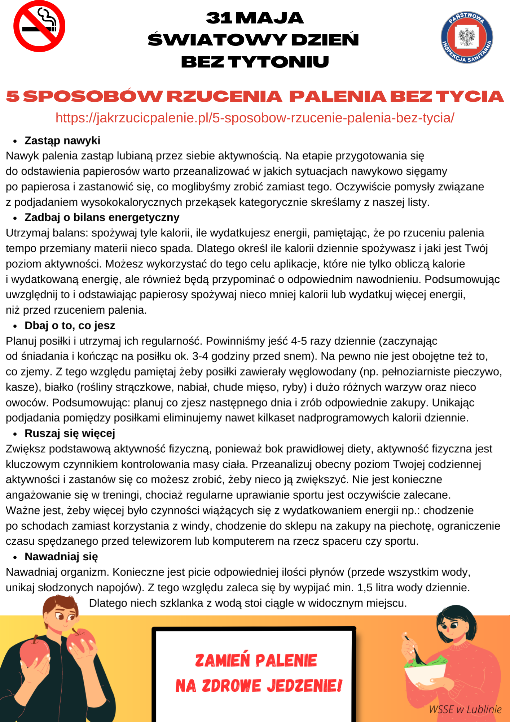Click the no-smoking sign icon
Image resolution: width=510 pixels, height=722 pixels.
39,26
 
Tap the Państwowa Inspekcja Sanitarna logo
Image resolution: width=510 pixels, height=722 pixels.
467,37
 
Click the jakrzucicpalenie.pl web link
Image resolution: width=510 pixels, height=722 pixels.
255,118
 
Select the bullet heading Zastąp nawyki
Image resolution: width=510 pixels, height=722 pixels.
62,140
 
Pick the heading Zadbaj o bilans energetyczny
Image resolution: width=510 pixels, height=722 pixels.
102,217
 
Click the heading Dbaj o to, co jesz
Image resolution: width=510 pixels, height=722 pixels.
70,326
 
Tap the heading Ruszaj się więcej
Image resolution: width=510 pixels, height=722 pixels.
70,433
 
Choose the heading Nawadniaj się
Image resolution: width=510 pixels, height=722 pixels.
61,557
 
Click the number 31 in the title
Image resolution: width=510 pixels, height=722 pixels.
219,18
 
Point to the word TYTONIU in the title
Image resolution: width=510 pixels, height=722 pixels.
278,62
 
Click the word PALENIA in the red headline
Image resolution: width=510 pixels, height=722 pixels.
338,96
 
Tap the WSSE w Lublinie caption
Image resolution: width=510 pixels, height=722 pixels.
465,709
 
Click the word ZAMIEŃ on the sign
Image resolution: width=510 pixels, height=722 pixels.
222,661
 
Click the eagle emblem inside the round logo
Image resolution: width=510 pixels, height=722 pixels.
467,37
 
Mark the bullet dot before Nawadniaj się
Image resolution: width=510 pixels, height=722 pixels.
15,557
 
